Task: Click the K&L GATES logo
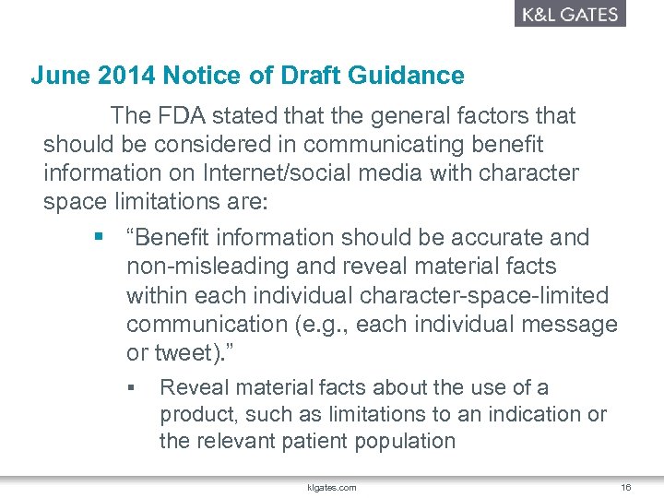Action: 569,14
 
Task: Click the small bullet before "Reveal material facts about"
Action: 133,387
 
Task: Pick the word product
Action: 196,414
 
